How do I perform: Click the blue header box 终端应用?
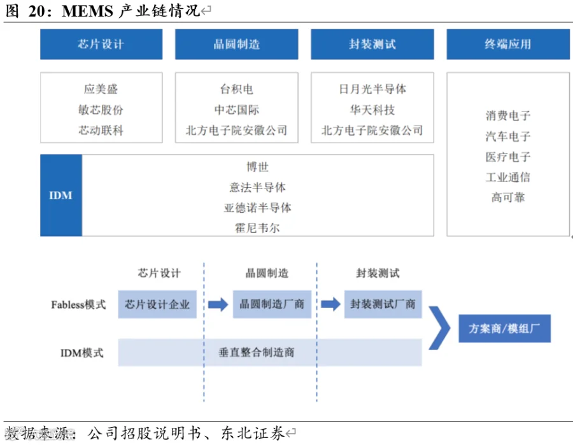[508, 44]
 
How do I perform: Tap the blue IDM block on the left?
[61, 195]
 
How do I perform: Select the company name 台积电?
[236, 88]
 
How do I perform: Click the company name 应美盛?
[101, 88]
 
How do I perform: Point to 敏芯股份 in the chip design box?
[101, 109]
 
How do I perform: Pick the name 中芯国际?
[236, 109]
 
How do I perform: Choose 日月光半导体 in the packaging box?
[372, 88]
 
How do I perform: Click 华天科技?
[372, 109]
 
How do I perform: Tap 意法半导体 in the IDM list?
[258, 187]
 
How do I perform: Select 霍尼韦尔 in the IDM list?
[258, 228]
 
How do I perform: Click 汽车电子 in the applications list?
[508, 136]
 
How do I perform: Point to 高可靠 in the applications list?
[508, 197]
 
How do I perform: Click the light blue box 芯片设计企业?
[157, 304]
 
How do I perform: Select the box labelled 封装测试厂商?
[383, 304]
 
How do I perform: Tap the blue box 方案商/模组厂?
[505, 328]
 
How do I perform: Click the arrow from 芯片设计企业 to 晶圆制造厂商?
[218, 304]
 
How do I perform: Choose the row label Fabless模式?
[78, 305]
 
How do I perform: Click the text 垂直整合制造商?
[256, 353]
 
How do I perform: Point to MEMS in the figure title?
[87, 11]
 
